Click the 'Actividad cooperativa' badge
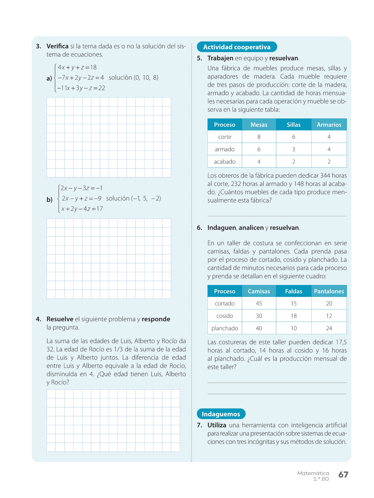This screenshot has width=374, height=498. click(237, 47)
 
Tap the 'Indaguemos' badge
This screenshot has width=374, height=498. click(221, 414)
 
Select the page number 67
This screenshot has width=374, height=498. click(343, 474)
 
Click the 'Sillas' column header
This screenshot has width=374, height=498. click(294, 125)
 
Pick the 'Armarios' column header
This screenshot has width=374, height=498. click(329, 125)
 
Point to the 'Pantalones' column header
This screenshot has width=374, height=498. click(329, 291)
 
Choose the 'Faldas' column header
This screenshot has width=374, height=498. click(294, 291)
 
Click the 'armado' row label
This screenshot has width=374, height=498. click(225, 149)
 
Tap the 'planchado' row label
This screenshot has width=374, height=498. click(225, 328)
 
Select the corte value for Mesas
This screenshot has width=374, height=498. click(259, 137)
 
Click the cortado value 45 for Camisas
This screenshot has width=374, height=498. click(259, 304)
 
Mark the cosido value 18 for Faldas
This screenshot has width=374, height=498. click(294, 316)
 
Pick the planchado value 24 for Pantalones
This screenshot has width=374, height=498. click(329, 328)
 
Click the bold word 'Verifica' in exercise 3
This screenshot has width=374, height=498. click(57, 46)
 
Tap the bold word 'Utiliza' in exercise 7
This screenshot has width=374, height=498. click(217, 425)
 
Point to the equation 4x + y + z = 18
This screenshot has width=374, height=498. click(77, 68)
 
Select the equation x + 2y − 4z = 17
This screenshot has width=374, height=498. click(82, 209)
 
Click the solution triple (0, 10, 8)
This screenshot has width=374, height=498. click(146, 78)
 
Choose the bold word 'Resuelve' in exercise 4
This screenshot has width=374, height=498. click(60, 319)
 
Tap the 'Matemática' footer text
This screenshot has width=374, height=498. click(313, 473)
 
